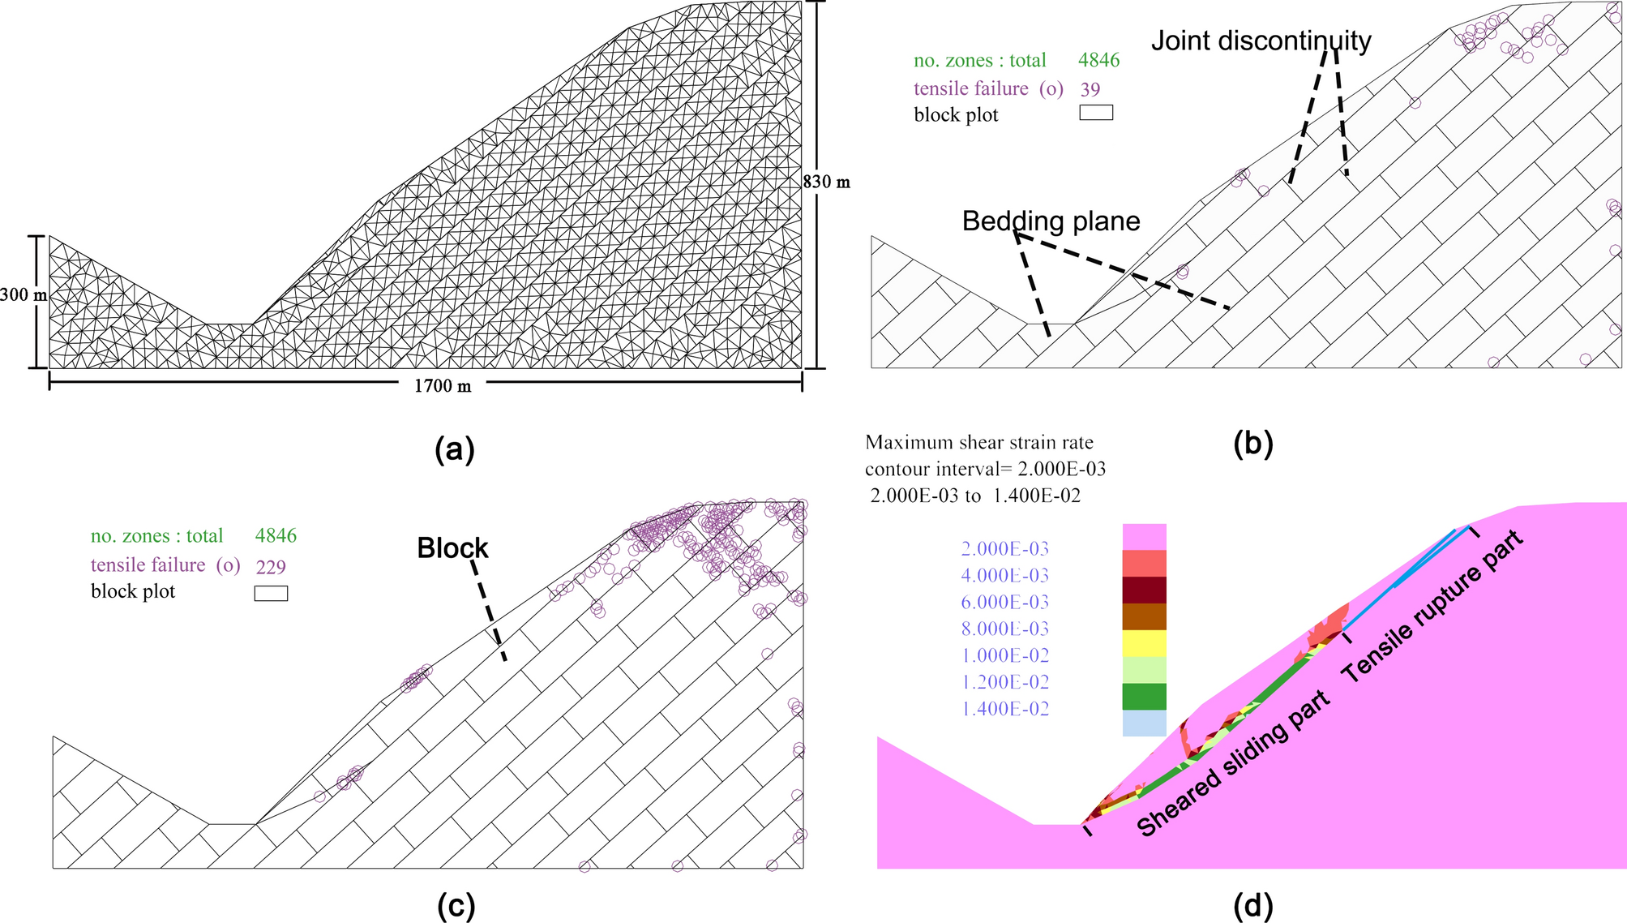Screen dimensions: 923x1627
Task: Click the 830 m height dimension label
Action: (x=827, y=182)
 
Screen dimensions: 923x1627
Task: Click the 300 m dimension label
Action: (x=23, y=295)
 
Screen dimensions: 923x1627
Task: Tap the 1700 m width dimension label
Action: (x=443, y=386)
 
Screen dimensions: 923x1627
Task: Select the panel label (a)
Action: (x=454, y=449)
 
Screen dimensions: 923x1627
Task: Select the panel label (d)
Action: (x=1252, y=905)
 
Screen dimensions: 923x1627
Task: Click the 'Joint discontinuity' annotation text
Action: (x=1261, y=41)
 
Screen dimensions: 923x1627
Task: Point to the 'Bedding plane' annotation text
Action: (x=1051, y=221)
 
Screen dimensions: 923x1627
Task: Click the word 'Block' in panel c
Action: (x=452, y=548)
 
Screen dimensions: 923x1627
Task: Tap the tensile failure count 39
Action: (x=1090, y=89)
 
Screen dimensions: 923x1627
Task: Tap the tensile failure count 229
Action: (x=271, y=566)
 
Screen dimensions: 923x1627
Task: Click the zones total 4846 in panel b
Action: (x=1098, y=60)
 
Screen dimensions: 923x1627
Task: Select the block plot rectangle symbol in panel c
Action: (x=271, y=593)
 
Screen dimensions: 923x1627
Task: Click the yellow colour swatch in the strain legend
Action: (x=1144, y=643)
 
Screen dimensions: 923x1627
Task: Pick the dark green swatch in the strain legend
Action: (x=1144, y=697)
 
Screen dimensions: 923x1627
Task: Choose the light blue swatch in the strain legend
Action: (x=1144, y=723)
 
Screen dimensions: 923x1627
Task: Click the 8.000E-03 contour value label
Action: (x=1004, y=629)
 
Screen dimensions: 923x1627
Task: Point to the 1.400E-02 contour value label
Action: (x=1004, y=709)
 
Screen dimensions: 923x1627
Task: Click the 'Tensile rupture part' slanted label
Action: (x=1432, y=605)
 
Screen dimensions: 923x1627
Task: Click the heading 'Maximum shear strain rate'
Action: (x=978, y=443)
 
